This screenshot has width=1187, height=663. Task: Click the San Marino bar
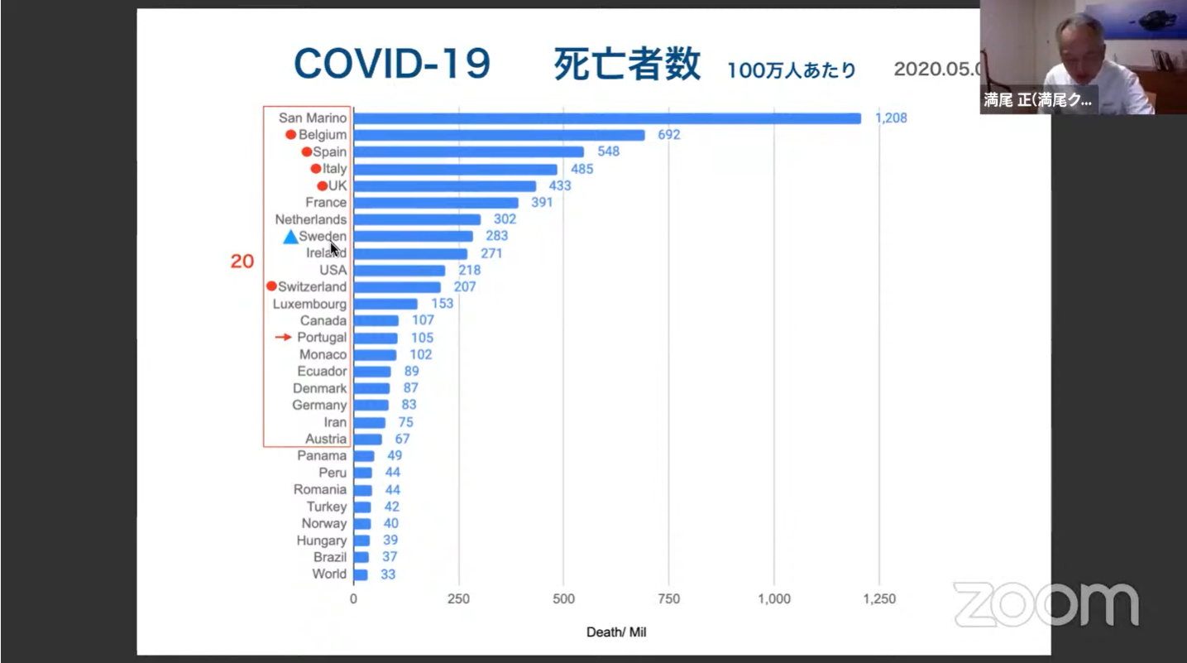click(x=607, y=118)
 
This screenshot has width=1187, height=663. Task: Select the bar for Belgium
click(x=499, y=135)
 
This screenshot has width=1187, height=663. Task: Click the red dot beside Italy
click(x=316, y=169)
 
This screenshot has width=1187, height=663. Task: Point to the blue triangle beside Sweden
click(x=290, y=238)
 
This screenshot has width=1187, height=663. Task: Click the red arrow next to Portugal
click(x=284, y=338)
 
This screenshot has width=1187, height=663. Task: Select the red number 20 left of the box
click(x=242, y=262)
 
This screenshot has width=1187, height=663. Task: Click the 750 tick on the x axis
click(x=668, y=599)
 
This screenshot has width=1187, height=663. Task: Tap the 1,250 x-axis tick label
click(x=878, y=599)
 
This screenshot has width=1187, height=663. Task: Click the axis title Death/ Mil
click(x=616, y=632)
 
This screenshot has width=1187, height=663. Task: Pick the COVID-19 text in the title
click(x=392, y=65)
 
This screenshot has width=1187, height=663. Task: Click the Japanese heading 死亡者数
click(x=627, y=65)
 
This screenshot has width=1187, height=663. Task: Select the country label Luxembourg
click(x=309, y=304)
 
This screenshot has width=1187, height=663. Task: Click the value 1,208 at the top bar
click(x=891, y=118)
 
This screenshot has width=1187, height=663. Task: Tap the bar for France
click(x=436, y=203)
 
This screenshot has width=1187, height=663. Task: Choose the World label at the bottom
click(x=329, y=574)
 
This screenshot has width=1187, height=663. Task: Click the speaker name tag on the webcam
click(x=1038, y=100)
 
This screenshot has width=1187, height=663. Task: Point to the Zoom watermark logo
click(x=1046, y=604)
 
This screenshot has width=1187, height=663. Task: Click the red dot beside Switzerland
click(x=271, y=286)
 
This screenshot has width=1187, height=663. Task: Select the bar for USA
click(x=400, y=270)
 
